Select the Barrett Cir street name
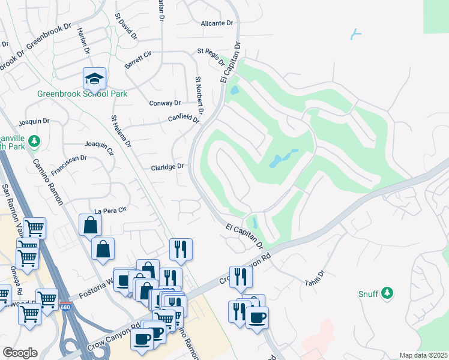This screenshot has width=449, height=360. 138,59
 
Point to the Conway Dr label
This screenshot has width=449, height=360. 164,103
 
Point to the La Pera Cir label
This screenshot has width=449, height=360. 110,210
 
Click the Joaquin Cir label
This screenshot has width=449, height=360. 99,145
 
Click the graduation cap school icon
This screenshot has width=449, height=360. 94,78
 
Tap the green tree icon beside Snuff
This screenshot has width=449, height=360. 388,293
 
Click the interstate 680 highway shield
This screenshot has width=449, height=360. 65,307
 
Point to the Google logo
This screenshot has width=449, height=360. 19,352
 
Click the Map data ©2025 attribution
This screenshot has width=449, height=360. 423,355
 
